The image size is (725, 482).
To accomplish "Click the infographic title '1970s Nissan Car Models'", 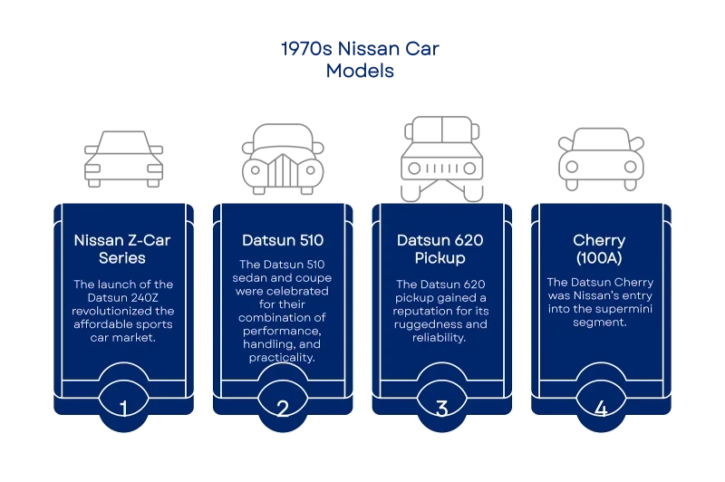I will (x=362, y=60).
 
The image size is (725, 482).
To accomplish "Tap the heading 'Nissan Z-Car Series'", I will (x=122, y=249).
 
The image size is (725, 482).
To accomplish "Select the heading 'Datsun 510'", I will (x=282, y=241).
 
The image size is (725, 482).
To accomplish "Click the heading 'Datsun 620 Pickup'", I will (x=441, y=249).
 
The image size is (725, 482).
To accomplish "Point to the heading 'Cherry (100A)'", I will (x=600, y=249).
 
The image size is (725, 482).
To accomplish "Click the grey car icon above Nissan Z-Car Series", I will (x=122, y=159).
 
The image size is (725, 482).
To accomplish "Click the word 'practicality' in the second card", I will (x=281, y=358).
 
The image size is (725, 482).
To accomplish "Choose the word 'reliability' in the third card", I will (x=440, y=338).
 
